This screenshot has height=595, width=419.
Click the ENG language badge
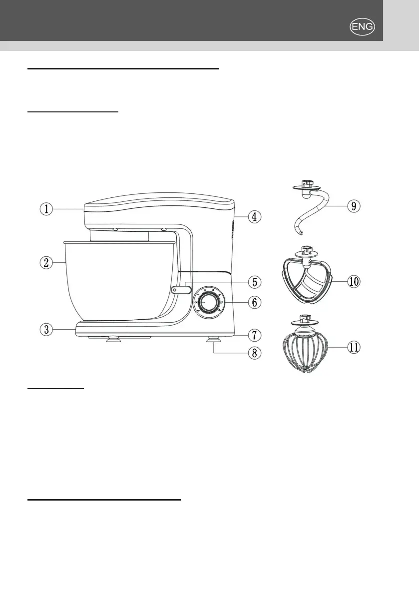[x=363, y=27]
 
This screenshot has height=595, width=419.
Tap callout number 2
[x=46, y=263]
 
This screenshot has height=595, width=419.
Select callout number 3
[x=46, y=329]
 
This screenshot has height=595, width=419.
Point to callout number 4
[x=254, y=217]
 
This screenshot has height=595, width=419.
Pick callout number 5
[x=254, y=282]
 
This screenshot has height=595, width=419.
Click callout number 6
[x=254, y=302]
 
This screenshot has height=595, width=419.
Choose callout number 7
[x=254, y=333]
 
